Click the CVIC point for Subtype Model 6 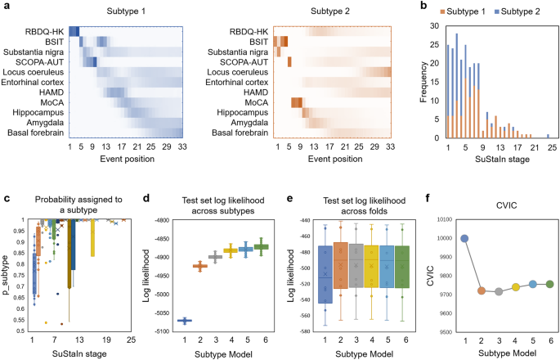pos(549,284)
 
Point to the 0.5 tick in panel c pos(18,331)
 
